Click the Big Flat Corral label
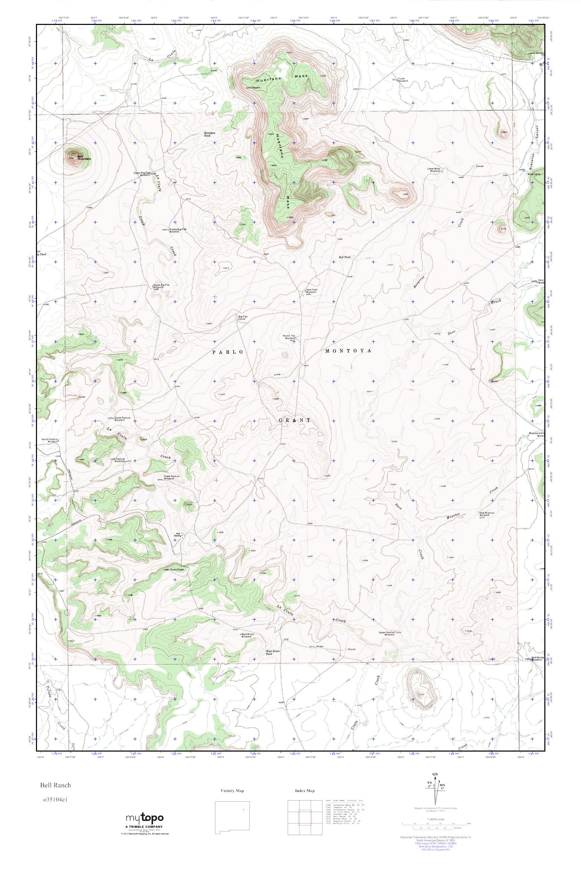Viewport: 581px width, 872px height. click(243, 318)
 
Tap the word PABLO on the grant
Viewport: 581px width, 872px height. click(228, 352)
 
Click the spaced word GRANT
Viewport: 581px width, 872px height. click(295, 420)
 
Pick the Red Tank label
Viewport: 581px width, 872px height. click(344, 257)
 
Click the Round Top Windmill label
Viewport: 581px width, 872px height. click(289, 337)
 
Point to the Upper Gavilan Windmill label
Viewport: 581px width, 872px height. click(387, 633)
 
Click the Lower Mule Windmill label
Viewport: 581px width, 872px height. click(435, 170)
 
